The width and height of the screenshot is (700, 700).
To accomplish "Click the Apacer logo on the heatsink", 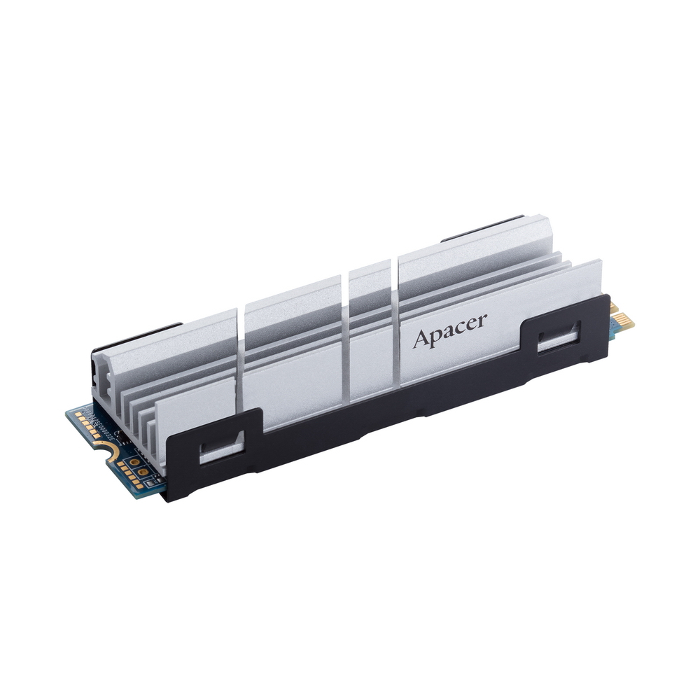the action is pos(449,331).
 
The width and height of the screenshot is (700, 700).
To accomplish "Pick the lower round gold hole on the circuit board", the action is pos(142,471).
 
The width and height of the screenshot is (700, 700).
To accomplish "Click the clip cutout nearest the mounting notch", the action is pos(222,449).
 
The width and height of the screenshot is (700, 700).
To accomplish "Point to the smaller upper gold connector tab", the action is pos(614,307).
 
